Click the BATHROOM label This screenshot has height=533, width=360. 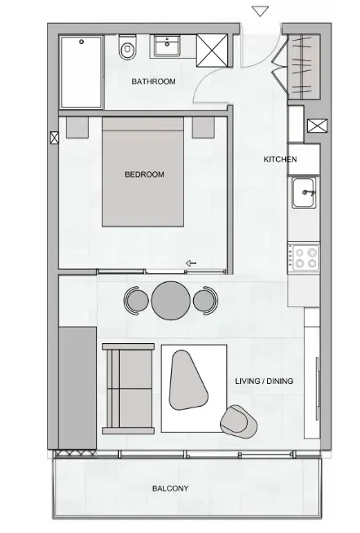153,81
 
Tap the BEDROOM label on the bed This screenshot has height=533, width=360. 144,174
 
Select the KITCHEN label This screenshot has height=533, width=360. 280,159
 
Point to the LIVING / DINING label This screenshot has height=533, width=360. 264,381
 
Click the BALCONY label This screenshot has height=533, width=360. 170,488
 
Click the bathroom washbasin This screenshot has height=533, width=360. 167,46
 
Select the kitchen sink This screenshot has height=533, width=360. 304,192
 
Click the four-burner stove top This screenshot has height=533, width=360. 304,258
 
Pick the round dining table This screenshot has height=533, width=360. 171,301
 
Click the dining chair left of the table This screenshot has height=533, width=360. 136,301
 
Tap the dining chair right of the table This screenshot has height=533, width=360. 205,301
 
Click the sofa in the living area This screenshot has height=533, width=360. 129,389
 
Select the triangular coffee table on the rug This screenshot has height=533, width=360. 187,380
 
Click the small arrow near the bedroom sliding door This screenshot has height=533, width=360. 191,263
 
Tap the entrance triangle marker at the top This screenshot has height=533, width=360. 261,11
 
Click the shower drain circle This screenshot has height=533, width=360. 81,42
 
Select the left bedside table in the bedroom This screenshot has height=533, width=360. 77,127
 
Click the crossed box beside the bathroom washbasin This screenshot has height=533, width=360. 213,51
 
